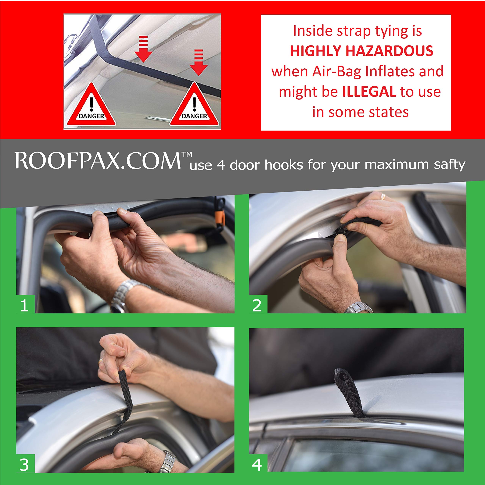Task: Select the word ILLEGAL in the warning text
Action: point(369,92)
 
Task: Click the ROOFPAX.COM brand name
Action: point(98,161)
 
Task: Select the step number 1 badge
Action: point(25,306)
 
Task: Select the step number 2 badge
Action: point(257,306)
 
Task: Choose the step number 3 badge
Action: point(25,465)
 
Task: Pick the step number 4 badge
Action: point(257,465)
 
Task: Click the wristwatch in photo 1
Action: point(123,294)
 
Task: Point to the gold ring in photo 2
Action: point(383,197)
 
